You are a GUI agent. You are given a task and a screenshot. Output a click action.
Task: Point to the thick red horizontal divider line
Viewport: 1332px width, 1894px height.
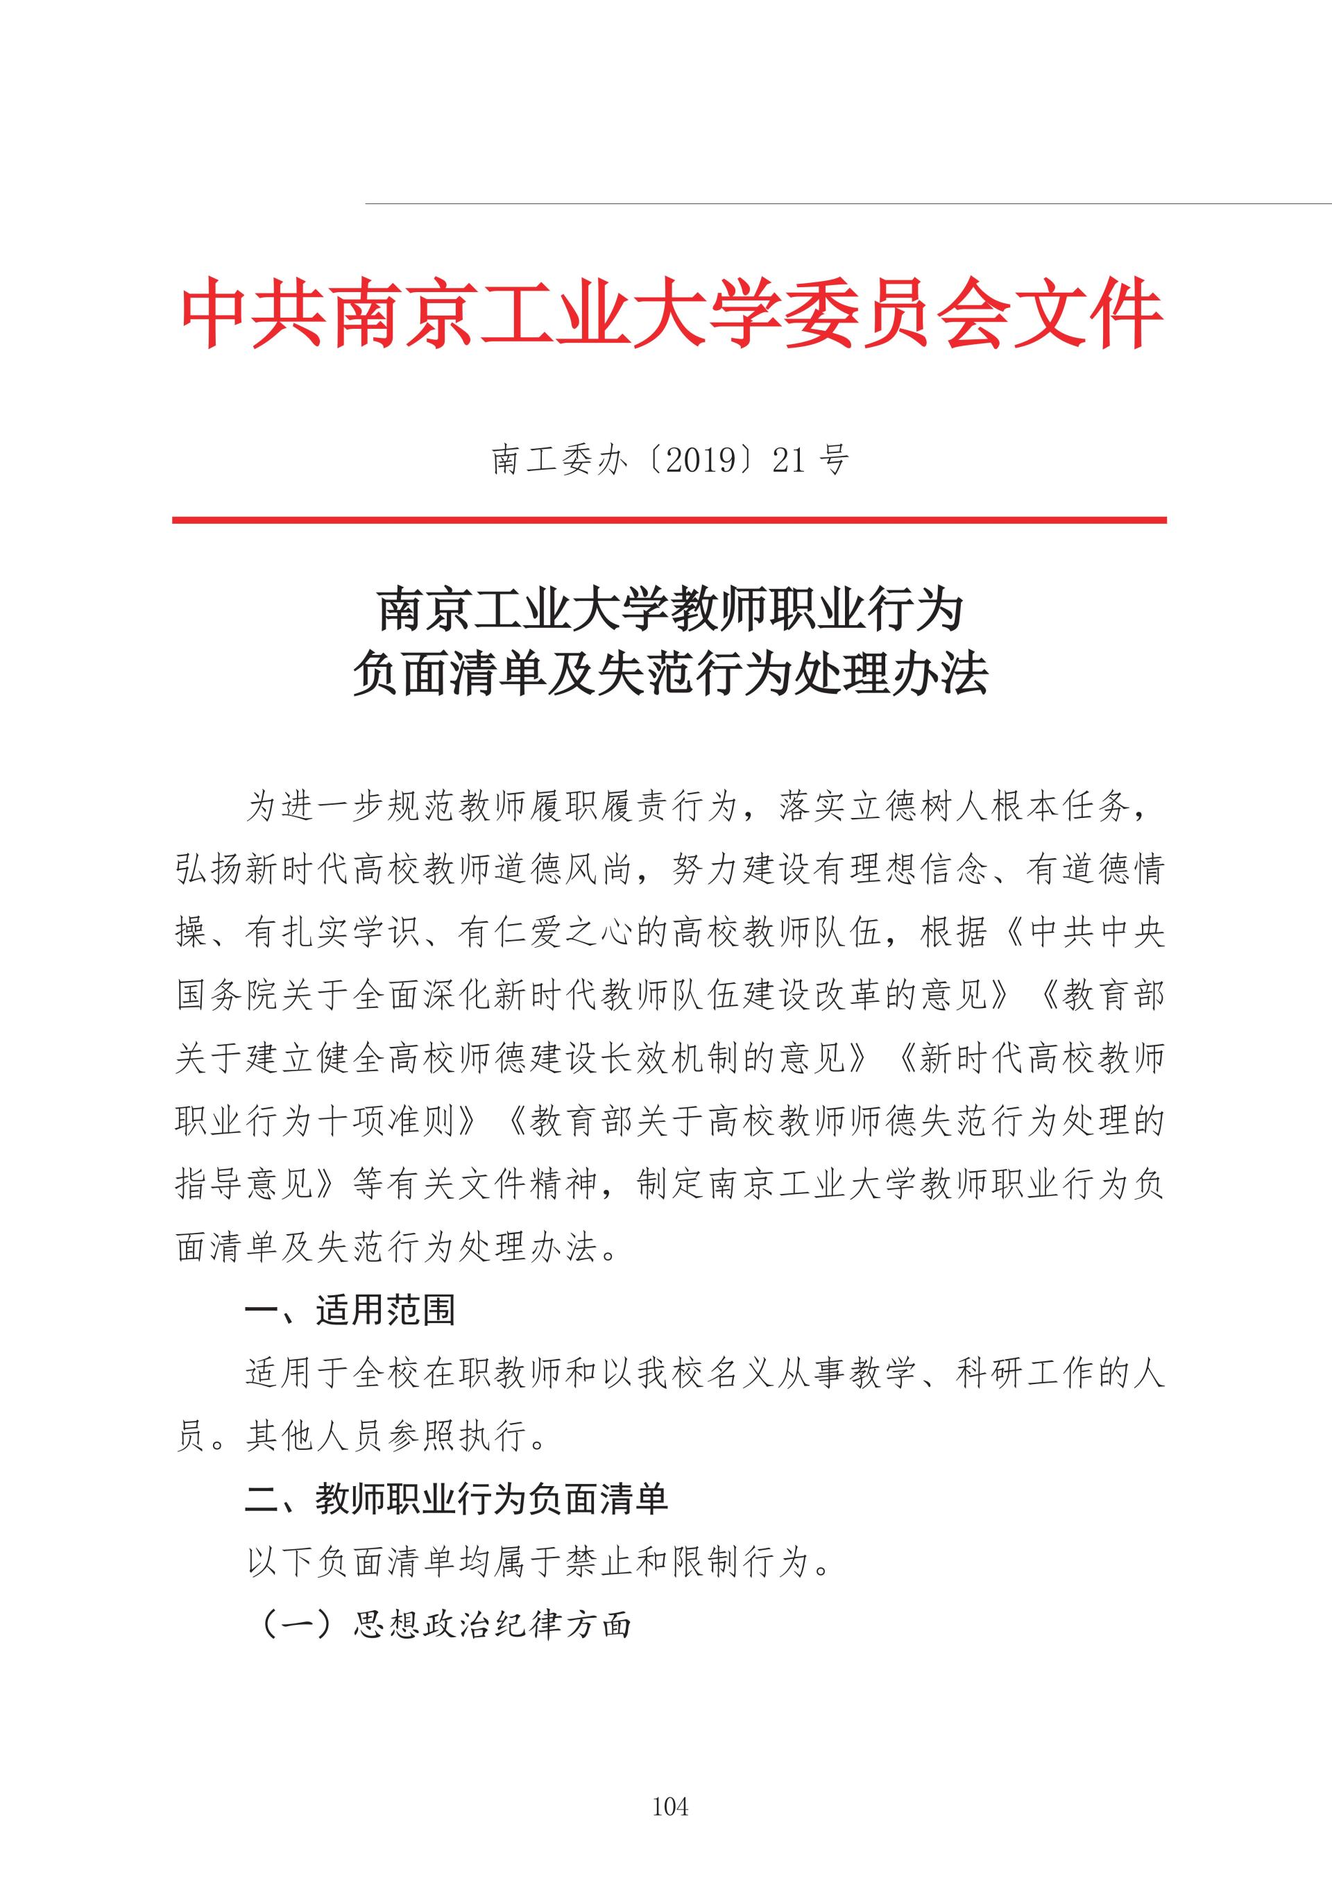click(669, 520)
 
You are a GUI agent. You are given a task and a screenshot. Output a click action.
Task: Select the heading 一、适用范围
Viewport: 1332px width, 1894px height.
click(350, 1310)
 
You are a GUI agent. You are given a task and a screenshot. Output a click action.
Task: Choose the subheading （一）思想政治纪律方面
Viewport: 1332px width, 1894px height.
click(446, 1625)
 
